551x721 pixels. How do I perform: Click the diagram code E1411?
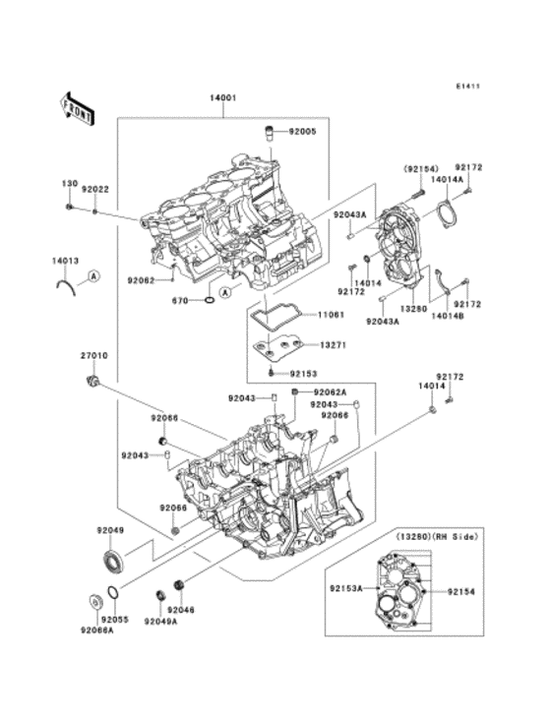[467, 86]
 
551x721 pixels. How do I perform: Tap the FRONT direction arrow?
[77, 106]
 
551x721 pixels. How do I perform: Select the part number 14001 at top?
[222, 98]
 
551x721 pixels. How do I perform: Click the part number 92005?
[303, 131]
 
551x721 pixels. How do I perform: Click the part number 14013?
[66, 261]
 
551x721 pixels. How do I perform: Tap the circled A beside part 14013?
[92, 276]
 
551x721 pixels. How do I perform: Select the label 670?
[180, 299]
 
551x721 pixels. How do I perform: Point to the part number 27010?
[93, 355]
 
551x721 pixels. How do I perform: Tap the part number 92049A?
[160, 622]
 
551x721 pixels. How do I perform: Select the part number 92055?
[116, 622]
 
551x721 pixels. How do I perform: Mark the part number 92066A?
[97, 631]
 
